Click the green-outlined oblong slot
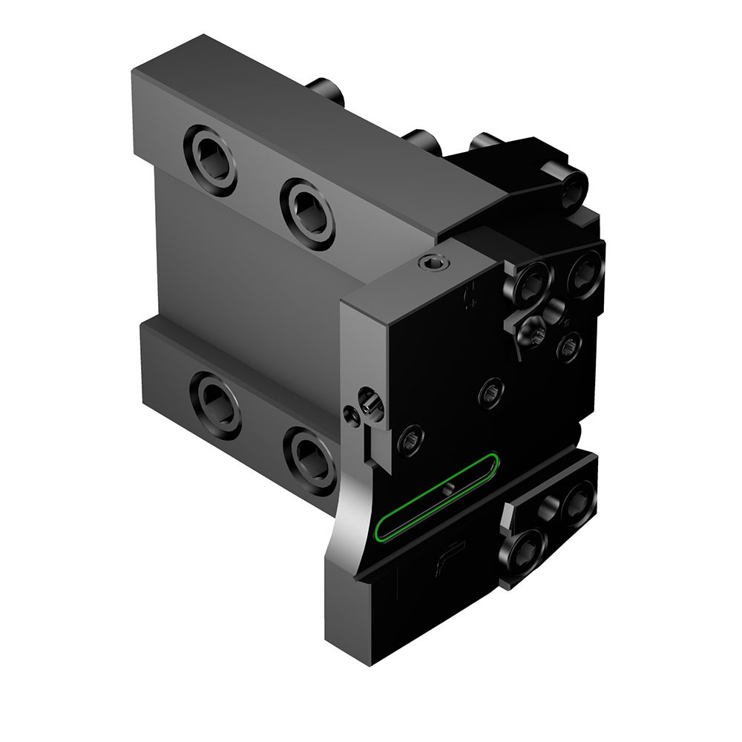(x=438, y=495)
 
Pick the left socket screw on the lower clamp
(x=527, y=548)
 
